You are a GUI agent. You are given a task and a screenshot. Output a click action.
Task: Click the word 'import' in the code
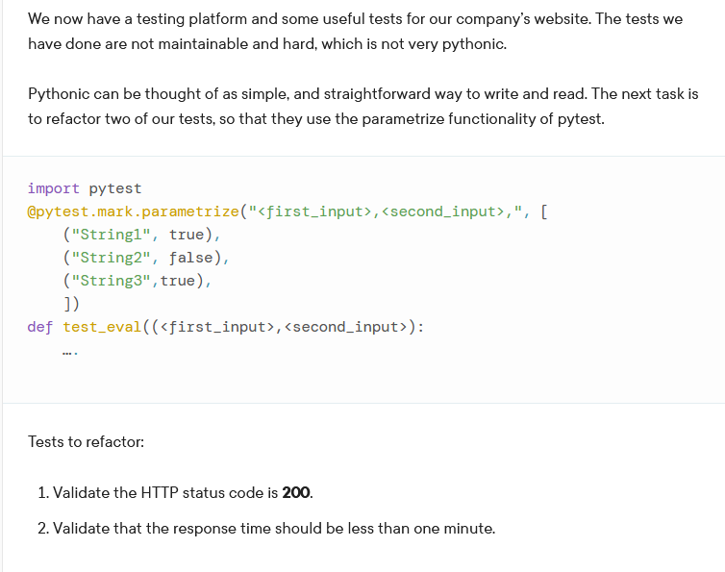tap(54, 188)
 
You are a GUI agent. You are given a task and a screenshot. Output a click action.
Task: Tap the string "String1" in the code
tap(112, 235)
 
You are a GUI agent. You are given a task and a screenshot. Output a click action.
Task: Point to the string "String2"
tap(112, 258)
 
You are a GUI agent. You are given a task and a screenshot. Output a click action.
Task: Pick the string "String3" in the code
tap(111, 281)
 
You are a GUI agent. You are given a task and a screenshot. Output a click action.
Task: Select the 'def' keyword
tap(40, 327)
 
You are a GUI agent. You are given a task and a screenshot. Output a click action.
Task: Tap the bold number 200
tap(296, 492)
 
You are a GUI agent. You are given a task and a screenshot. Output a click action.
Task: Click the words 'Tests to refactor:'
tap(87, 442)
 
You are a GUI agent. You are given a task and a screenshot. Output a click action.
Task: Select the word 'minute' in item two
tap(466, 528)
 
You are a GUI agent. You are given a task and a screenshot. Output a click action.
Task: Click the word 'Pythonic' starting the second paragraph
tap(60, 94)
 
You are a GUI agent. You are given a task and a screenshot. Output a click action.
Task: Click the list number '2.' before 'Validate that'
tap(44, 528)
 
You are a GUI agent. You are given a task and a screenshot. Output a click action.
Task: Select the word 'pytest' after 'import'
tap(114, 188)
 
